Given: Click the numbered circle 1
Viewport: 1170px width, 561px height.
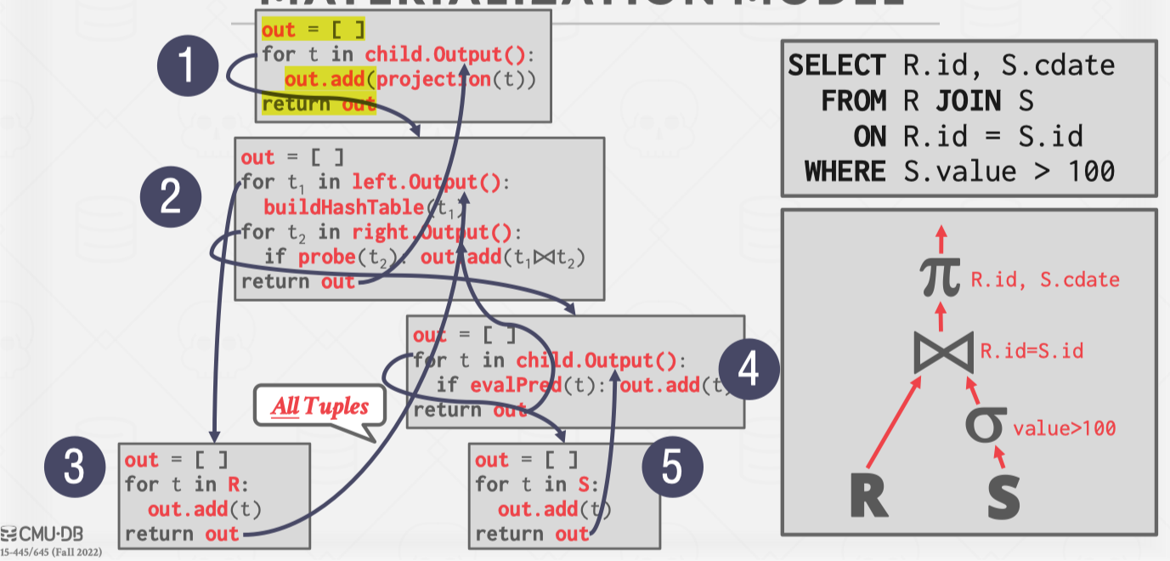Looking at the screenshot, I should click(189, 68).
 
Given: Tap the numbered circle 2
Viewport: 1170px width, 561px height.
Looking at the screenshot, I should click(170, 197).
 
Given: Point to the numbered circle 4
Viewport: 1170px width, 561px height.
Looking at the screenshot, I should click(749, 370).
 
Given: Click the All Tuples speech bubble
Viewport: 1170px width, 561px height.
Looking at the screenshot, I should click(319, 407).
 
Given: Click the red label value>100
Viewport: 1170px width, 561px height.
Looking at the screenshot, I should click(1065, 429).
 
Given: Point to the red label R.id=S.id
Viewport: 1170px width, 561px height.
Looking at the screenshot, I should click(1032, 350).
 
